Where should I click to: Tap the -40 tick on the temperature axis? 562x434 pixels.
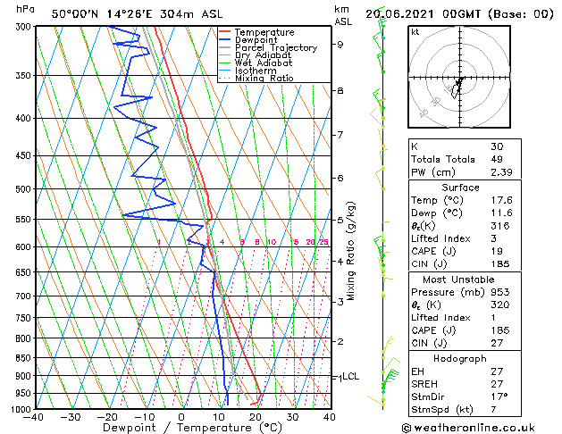[x=34, y=416]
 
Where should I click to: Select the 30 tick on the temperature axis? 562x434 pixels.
[x=292, y=416]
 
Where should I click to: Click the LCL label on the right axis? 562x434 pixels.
[x=350, y=377]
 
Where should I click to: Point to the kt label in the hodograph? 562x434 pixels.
[x=415, y=31]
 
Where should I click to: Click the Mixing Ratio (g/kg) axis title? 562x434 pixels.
[x=351, y=251]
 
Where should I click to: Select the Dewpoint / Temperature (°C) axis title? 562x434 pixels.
[x=181, y=429]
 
